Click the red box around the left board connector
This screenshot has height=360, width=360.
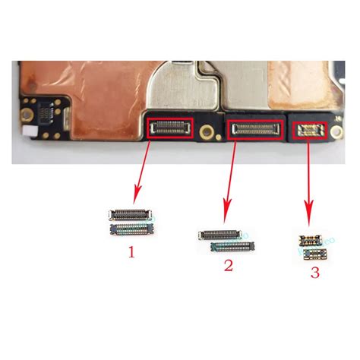tap(170, 127)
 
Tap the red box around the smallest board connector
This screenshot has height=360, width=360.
tap(309, 128)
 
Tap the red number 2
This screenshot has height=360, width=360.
tap(228, 265)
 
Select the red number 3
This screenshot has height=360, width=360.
tap(314, 272)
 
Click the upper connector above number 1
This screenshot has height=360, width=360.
tap(128, 215)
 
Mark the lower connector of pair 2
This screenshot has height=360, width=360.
tap(231, 247)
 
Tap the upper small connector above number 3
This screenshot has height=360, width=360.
tap(310, 241)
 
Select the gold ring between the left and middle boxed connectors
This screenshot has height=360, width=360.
tap(208, 130)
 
